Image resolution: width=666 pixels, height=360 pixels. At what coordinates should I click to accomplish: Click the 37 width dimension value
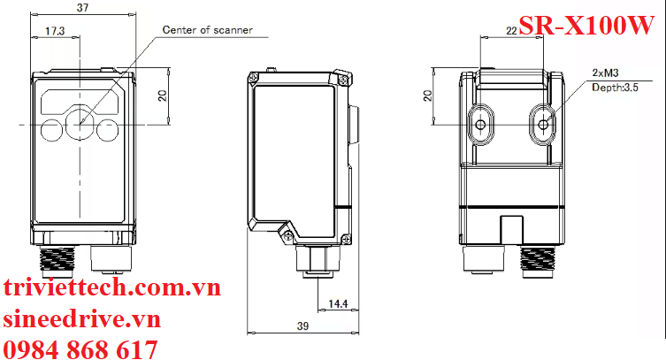coord(82,7)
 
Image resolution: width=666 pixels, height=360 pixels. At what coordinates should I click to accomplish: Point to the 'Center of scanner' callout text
coord(207,30)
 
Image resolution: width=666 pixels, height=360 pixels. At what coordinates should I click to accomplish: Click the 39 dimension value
coord(303,326)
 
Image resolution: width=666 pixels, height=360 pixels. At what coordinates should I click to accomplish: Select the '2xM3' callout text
coord(605,73)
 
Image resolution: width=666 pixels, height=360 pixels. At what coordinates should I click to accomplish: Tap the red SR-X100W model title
coord(585,27)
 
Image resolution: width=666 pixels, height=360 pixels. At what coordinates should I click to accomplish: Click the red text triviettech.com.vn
coord(111,288)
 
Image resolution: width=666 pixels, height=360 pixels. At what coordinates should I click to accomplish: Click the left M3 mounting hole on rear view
coord(480,126)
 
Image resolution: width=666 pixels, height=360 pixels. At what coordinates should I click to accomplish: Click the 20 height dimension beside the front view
coord(162,96)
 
